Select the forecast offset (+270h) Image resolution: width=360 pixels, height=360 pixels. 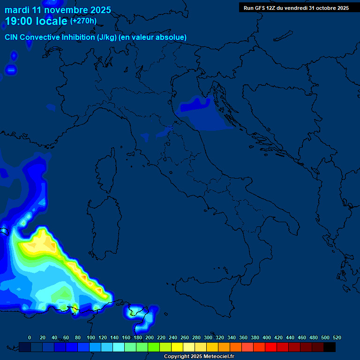83,21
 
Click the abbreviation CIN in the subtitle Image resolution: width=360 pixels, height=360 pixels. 12,37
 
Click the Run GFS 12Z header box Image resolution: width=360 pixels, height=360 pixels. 296,8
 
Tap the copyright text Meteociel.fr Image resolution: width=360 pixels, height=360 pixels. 214,357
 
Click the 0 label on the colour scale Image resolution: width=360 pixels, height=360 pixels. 30,337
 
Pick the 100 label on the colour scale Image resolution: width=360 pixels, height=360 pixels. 91,337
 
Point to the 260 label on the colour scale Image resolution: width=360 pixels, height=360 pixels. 185,337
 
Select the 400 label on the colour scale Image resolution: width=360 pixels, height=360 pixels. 267,337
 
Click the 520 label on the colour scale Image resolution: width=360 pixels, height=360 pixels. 337,337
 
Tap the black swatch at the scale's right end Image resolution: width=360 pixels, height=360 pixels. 330,347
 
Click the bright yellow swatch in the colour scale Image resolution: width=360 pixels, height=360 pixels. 177,347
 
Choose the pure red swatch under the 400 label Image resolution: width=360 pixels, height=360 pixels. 271,347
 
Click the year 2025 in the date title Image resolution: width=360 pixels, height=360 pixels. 101,10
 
